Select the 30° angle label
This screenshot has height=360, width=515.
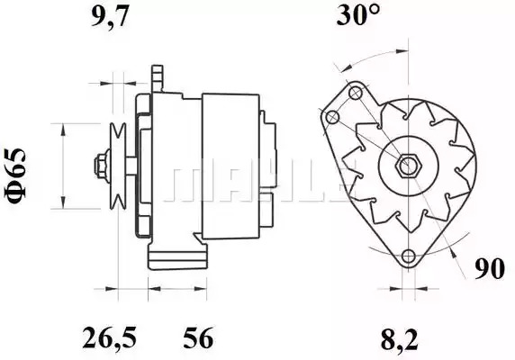point(358,15)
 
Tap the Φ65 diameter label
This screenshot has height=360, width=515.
point(14,175)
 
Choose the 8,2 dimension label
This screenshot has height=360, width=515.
point(400,339)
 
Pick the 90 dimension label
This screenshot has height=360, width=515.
point(490,269)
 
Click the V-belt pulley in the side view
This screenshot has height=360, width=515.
point(118,166)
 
